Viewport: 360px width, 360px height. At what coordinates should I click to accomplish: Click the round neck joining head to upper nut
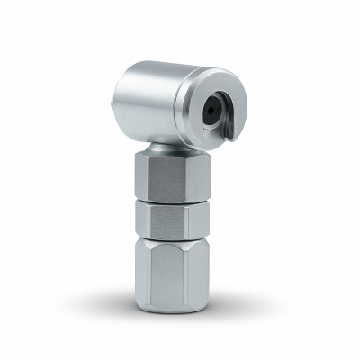click(x=167, y=146)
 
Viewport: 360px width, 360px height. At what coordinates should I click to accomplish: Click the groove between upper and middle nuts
click(x=168, y=199)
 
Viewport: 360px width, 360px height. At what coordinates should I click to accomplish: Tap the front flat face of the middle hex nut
click(x=168, y=217)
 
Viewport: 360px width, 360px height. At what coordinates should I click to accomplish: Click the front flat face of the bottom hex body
click(x=168, y=274)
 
